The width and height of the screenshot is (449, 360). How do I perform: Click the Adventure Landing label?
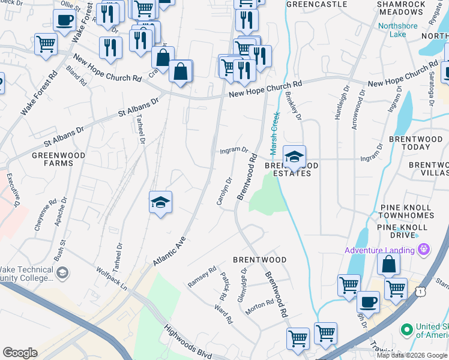(379, 250)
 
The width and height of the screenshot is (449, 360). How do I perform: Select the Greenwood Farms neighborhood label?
(58, 159)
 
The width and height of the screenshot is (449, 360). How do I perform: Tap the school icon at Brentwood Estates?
(294, 157)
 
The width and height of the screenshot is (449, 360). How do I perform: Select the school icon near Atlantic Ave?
(161, 203)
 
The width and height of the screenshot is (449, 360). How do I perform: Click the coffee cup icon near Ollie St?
(64, 20)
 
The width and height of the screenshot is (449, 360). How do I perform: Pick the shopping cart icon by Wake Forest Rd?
(46, 44)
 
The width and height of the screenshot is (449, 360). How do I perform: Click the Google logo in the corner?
(20, 353)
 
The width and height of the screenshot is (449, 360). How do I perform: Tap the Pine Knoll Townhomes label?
(406, 211)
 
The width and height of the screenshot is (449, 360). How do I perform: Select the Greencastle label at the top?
(316, 4)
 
